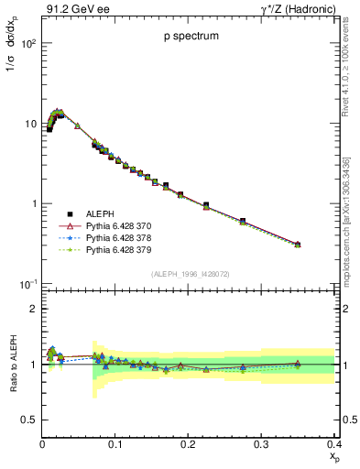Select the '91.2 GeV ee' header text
pos(75,9)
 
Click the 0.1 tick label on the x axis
pos(115,443)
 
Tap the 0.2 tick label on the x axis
pos(188,443)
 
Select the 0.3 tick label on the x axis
pos(261,443)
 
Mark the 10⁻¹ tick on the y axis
pos(26,284)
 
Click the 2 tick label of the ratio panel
pos(34,309)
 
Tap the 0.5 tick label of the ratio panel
pos(29,420)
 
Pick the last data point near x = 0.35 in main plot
pos(298,245)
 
